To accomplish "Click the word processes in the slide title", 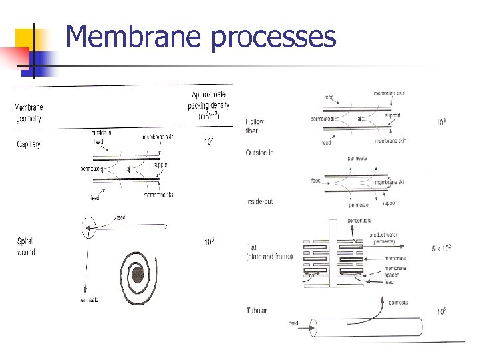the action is tap(273, 37).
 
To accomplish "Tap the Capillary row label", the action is tap(28, 145).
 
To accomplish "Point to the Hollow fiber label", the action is tap(255, 126).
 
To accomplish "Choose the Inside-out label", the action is tap(259, 201).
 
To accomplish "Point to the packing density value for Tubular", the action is tap(440, 311).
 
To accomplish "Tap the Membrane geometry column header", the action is tap(28, 113).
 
